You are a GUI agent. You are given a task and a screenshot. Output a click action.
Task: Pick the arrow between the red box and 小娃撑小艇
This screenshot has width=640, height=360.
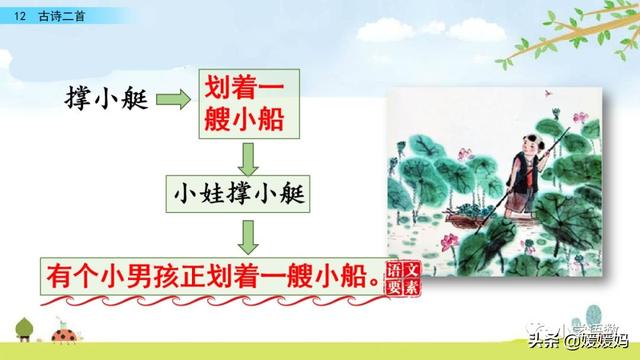[250, 158]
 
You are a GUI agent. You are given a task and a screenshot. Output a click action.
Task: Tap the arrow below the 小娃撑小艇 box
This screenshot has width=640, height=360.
[250, 236]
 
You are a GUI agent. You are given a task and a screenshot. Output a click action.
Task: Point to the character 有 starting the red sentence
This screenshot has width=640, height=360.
[58, 274]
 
